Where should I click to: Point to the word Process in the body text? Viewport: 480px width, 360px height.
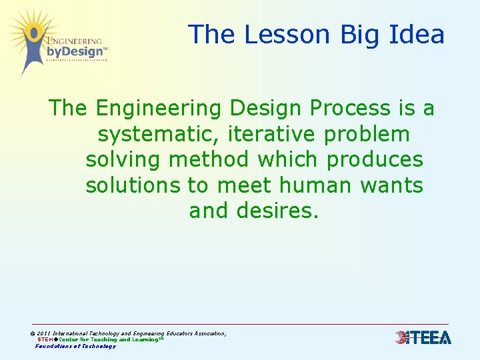(342, 108)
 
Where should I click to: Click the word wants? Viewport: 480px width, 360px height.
(392, 185)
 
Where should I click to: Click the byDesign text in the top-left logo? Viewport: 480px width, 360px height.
(75, 52)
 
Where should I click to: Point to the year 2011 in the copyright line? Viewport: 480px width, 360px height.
(43, 333)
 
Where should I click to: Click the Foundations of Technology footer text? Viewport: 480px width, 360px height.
(75, 346)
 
